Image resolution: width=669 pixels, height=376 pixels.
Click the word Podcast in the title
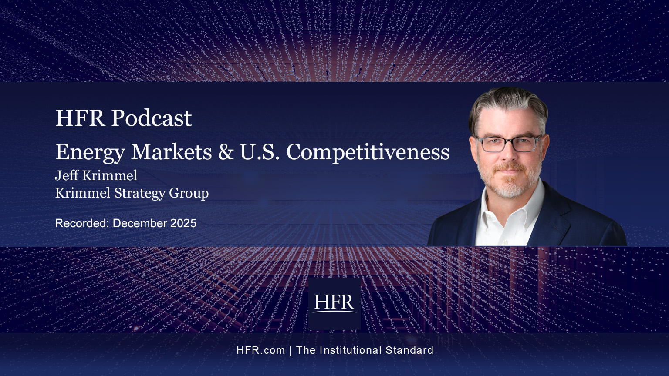coord(152,118)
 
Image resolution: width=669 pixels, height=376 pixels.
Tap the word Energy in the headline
coord(90,153)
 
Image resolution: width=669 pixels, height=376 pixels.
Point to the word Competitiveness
coord(368,152)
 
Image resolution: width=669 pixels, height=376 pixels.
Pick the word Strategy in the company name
coord(139,194)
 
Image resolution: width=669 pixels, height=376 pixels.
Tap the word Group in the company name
coord(189,194)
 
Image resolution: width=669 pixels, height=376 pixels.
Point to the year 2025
coord(183,223)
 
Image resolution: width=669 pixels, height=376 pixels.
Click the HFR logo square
coord(334,303)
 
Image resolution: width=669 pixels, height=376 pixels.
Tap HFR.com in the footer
coord(261,350)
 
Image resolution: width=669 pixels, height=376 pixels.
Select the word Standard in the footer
coord(409,350)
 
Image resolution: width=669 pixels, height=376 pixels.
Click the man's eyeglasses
coord(509,144)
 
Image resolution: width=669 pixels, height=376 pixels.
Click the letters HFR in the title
coord(80,118)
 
